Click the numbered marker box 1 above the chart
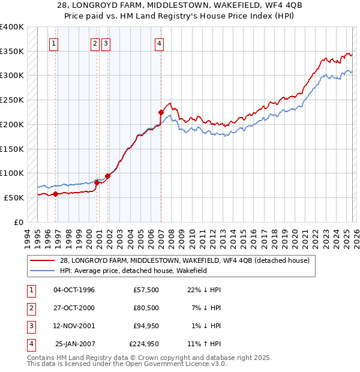(54, 43)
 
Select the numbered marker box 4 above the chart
(160, 43)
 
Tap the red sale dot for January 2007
(161, 112)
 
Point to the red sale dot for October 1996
(55, 194)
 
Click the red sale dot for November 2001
(108, 176)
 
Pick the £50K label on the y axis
(14, 197)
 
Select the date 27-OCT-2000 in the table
(74, 308)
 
